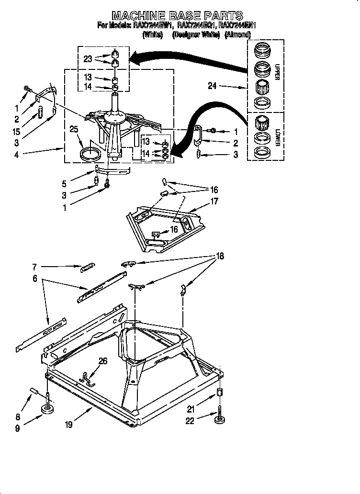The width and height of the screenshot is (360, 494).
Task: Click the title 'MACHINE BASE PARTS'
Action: tap(178, 16)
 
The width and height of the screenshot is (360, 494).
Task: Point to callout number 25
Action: tap(73, 130)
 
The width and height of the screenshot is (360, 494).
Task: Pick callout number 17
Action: tap(214, 202)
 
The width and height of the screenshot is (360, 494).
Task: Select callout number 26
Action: tap(103, 361)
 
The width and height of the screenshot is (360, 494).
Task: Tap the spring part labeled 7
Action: tap(87, 268)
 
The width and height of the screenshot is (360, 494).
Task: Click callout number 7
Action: tap(35, 266)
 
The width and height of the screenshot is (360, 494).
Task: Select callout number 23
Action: tap(87, 59)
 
